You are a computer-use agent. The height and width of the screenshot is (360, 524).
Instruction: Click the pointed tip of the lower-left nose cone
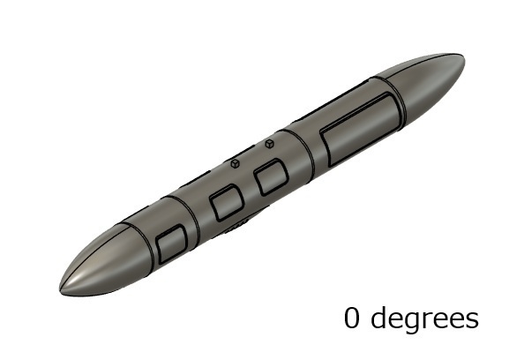[x=60, y=289]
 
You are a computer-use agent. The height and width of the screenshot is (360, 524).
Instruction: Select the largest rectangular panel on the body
[x=361, y=130]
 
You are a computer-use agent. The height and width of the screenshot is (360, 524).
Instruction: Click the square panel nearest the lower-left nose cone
[x=171, y=244]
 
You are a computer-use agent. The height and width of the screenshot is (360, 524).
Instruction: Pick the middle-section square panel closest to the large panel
[x=271, y=177]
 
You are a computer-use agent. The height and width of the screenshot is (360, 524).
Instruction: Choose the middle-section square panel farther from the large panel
[x=227, y=203]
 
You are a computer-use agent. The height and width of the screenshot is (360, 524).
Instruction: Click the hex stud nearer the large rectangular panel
[x=269, y=144]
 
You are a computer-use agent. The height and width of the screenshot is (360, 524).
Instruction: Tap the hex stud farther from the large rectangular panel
[x=236, y=163]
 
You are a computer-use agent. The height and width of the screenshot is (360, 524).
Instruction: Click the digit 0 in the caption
[x=352, y=318]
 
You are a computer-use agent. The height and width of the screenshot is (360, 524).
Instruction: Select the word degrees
[x=424, y=319]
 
